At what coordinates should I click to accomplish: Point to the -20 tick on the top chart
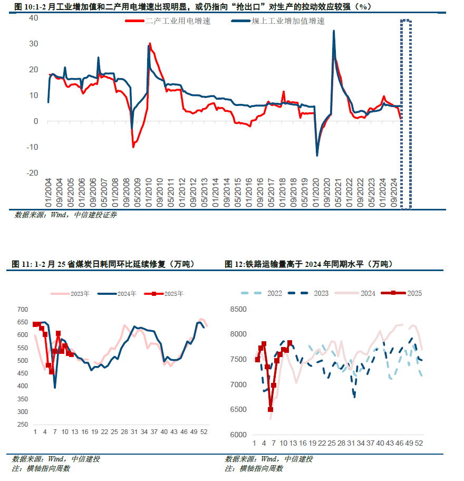tap(33, 173)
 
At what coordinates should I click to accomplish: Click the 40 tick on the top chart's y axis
tap(34, 17)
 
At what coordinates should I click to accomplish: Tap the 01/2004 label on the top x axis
tap(49, 193)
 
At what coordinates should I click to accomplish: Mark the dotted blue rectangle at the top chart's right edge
tap(405, 114)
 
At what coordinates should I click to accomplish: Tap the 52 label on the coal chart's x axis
tap(204, 432)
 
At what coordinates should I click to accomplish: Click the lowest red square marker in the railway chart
tap(270, 409)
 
